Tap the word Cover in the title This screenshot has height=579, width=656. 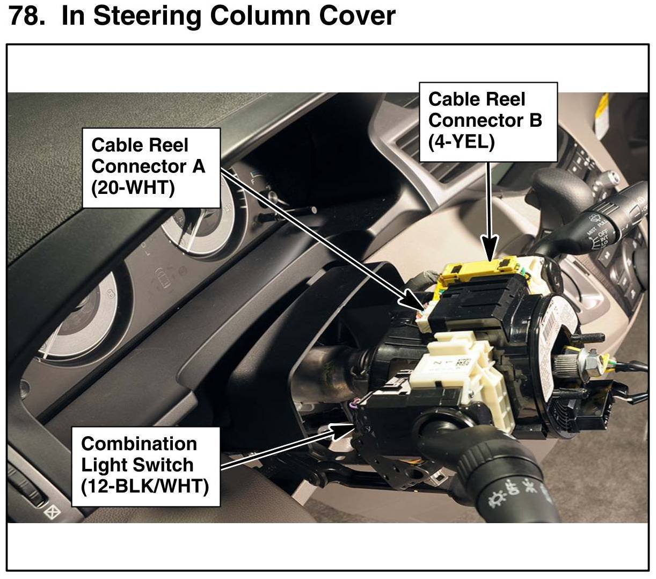tap(357, 16)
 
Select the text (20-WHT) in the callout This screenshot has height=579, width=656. tap(133, 189)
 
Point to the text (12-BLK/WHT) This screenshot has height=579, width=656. tap(144, 486)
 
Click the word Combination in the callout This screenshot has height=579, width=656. tap(139, 444)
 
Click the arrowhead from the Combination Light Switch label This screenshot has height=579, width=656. tap(341, 430)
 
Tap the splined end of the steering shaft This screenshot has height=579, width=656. tap(572, 365)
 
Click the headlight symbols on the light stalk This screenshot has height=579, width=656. tap(513, 494)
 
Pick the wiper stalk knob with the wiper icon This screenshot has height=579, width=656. tap(596, 220)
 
